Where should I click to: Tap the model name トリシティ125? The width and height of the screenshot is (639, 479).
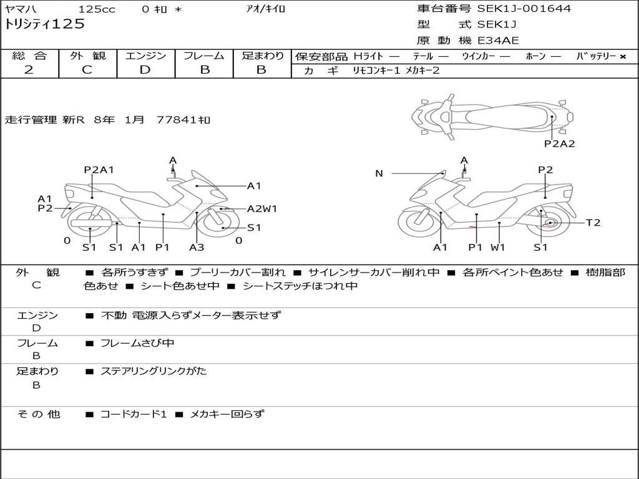(x=44, y=24)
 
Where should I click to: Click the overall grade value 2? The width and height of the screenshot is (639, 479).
(x=29, y=69)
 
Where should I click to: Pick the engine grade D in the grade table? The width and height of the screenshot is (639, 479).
(x=145, y=69)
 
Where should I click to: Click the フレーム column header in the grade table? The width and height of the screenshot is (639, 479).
(x=204, y=56)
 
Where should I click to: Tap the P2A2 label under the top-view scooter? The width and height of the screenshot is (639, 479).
(x=559, y=143)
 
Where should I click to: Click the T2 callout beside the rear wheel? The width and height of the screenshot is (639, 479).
(x=593, y=223)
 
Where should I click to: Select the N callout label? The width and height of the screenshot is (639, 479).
(x=379, y=173)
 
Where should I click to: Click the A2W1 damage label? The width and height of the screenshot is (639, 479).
(x=262, y=209)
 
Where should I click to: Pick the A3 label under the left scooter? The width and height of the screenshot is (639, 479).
(x=197, y=247)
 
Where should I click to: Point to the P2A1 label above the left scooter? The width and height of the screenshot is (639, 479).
(x=99, y=170)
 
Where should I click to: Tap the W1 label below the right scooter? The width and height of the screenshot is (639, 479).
(x=497, y=247)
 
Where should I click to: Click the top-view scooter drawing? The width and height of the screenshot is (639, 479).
(x=492, y=115)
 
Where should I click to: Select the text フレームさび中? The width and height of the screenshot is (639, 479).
(x=137, y=343)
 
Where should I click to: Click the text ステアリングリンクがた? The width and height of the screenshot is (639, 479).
(x=154, y=371)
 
